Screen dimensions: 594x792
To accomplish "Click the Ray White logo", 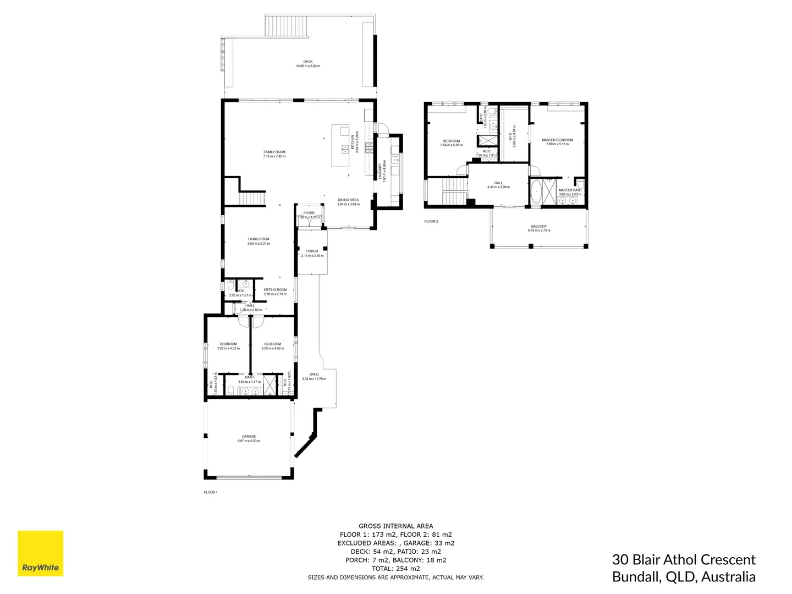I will click(41, 553).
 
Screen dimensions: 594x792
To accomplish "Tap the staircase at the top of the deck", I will click(287, 26).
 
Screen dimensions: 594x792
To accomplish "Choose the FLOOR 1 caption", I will click(211, 492).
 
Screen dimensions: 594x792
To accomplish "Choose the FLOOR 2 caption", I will click(431, 221).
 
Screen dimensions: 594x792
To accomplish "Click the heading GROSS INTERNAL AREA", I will click(395, 526).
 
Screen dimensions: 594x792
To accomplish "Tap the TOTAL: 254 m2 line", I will click(395, 569).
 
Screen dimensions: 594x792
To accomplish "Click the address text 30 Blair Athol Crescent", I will click(684, 560).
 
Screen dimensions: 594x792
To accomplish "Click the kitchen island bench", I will click(341, 146).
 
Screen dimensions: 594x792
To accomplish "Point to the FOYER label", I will click(309, 213).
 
